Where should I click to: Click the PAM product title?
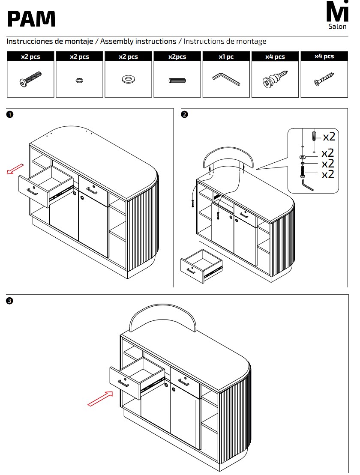coord(31,19)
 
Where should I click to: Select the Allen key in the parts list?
coord(225,79)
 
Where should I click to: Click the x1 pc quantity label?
coord(226,57)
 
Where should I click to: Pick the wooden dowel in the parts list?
coord(177,80)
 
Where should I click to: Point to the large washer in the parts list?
coord(127,79)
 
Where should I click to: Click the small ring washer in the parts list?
coord(79,80)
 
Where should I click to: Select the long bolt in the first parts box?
coord(30,80)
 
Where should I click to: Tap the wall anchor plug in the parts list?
coord(274,80)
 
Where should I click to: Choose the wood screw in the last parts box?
coord(324,80)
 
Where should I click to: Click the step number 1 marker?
coord(9,114)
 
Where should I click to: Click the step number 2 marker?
coord(184,114)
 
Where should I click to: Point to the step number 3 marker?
coord(9,301)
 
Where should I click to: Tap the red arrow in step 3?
coord(100,398)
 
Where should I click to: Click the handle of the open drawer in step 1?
coord(32,191)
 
